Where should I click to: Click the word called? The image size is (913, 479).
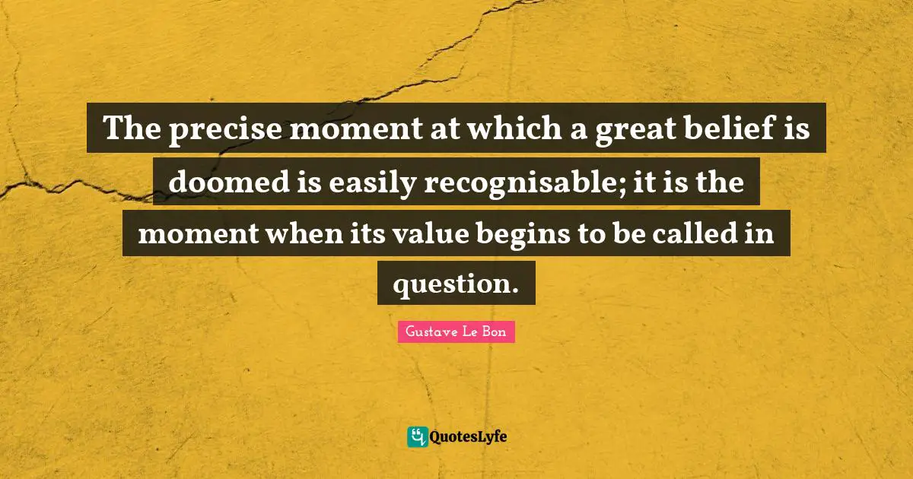pos(687,233)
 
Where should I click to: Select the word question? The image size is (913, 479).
pos(455,284)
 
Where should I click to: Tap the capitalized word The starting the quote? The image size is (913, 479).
pos(130,129)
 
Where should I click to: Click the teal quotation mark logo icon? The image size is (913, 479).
pos(417,436)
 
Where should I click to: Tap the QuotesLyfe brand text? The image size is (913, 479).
pos(469,437)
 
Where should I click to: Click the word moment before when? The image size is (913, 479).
pos(194,233)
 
